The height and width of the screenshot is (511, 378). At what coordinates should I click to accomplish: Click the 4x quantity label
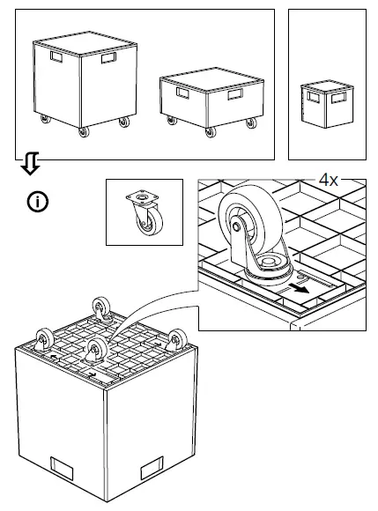pos(329,179)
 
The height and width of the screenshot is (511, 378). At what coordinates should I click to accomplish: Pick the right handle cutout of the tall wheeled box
pos(109,59)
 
